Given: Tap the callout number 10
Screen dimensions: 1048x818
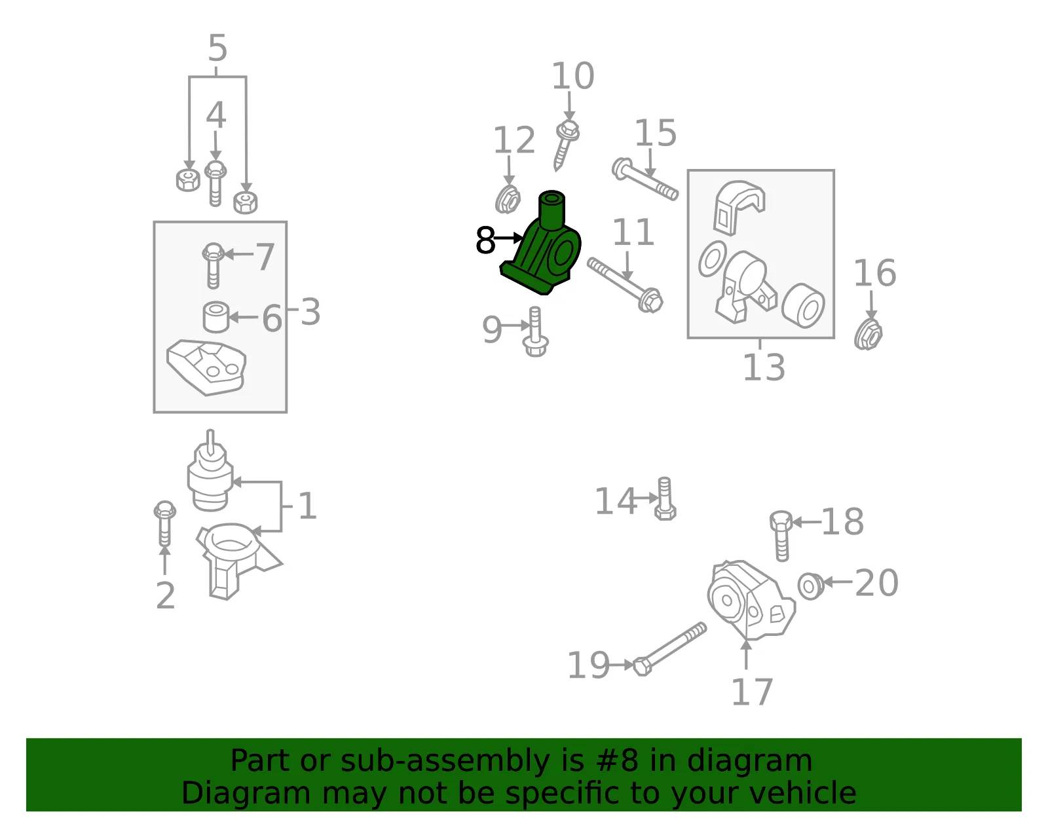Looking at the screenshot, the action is pyautogui.click(x=572, y=76).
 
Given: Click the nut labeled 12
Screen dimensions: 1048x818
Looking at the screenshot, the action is pyautogui.click(x=508, y=199).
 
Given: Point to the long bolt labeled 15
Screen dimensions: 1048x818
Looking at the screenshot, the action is pyautogui.click(x=645, y=179).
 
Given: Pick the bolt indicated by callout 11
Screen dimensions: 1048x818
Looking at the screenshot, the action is pyautogui.click(x=625, y=285).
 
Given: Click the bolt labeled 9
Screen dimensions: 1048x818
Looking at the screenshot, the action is pyautogui.click(x=535, y=332).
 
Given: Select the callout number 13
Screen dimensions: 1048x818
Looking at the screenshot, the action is pyautogui.click(x=764, y=367).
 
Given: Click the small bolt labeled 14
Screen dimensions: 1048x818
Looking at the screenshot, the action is pyautogui.click(x=665, y=499).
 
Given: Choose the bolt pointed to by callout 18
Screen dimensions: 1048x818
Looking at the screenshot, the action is pyautogui.click(x=781, y=536).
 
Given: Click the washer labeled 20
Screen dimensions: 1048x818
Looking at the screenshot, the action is pyautogui.click(x=811, y=586).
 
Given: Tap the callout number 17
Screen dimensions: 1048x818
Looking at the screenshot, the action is pyautogui.click(x=752, y=692).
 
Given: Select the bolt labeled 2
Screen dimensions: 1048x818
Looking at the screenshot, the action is pyautogui.click(x=164, y=524).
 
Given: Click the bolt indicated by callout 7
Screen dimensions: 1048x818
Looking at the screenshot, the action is pyautogui.click(x=213, y=266).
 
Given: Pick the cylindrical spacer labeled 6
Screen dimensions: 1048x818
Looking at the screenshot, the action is pyautogui.click(x=215, y=317).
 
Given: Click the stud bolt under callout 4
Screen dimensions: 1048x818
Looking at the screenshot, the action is pyautogui.click(x=215, y=183).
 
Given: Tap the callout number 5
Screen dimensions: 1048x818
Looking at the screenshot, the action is pyautogui.click(x=217, y=48).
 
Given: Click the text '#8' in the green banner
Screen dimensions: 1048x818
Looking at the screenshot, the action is pyautogui.click(x=617, y=761).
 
